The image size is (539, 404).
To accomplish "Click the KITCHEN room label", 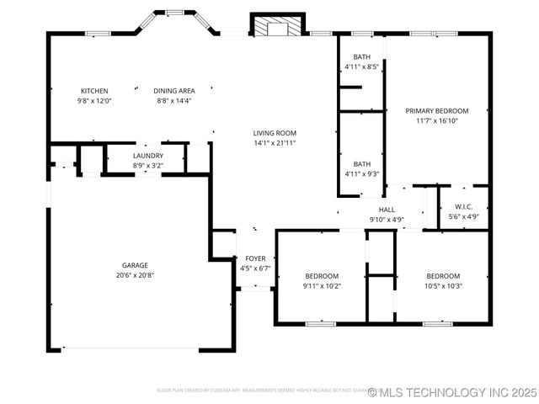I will [x=94, y=91].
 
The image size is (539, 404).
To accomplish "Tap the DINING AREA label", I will [x=174, y=91].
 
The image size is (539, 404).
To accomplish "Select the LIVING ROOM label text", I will [x=275, y=133].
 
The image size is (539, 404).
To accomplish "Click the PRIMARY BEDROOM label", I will [x=436, y=110].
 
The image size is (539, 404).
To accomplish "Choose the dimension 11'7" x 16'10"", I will [x=436, y=120].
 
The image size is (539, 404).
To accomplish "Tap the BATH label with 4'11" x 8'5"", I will [x=362, y=56].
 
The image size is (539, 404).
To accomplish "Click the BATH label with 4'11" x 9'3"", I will [x=362, y=164].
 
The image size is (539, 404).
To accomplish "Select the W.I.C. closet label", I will [x=464, y=207].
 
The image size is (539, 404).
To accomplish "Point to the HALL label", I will [x=387, y=210].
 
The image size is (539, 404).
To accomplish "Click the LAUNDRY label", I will [x=147, y=156].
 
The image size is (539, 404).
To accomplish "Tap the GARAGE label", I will [x=135, y=265].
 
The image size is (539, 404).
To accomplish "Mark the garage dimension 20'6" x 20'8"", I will [x=135, y=275].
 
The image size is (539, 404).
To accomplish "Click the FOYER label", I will [x=255, y=258].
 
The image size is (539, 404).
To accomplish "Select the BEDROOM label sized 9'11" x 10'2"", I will [x=322, y=276].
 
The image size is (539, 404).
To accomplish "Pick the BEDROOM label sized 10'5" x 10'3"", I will [x=443, y=276].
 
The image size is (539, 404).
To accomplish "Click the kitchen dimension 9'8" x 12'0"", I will [x=94, y=101].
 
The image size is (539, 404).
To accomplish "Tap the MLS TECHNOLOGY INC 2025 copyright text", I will [x=451, y=392].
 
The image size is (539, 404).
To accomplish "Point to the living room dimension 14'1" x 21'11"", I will [x=275, y=143].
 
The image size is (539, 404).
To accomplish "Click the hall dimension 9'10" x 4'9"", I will [x=387, y=220].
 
